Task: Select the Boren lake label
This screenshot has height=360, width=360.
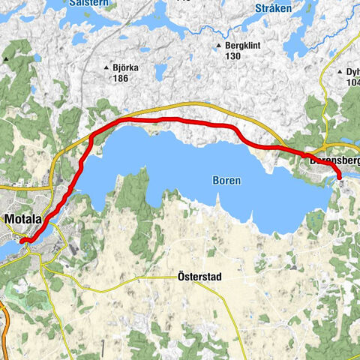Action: [226, 181]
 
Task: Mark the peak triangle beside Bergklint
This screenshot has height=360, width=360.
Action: [218, 46]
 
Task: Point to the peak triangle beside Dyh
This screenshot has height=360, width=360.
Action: [339, 72]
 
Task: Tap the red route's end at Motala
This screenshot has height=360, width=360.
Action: [22, 240]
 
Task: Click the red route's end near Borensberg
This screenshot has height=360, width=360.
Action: [339, 177]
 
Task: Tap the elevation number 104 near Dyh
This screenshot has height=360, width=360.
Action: [352, 82]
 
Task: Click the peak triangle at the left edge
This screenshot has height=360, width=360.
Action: [6, 58]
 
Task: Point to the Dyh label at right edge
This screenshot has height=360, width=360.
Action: [352, 72]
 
